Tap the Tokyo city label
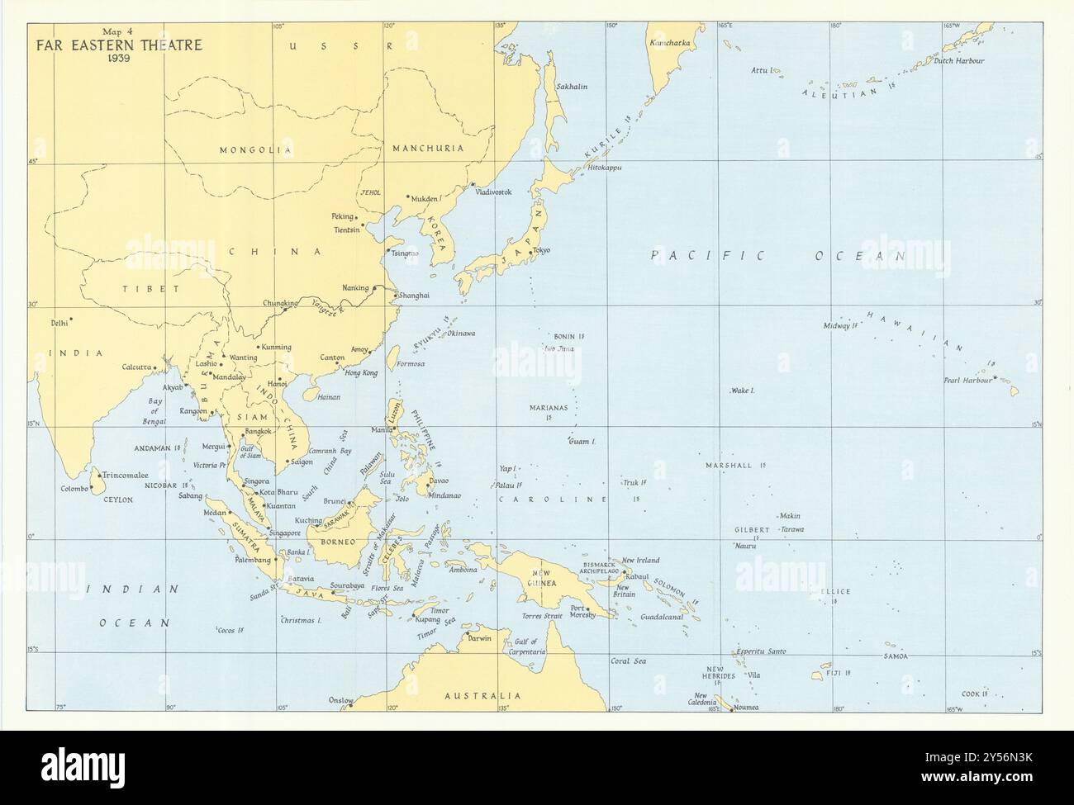(x=542, y=250)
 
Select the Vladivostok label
(x=494, y=192)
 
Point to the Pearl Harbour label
(x=967, y=381)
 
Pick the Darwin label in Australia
(x=479, y=638)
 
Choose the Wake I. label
(x=744, y=390)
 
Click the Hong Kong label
(x=360, y=373)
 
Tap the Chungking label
(x=279, y=303)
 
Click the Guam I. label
(x=582, y=442)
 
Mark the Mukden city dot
(x=407, y=197)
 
